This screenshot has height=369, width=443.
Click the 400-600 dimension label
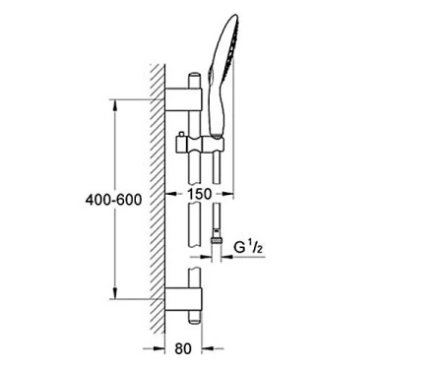(113, 200)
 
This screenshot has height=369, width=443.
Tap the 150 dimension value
(200, 194)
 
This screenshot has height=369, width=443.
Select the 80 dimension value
(183, 348)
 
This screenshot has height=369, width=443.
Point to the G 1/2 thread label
(248, 247)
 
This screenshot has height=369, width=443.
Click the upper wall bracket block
(183, 99)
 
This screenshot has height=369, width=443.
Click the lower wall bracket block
(183, 299)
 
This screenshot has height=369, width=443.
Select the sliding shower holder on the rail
(200, 145)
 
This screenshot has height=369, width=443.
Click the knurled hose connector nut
(217, 240)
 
